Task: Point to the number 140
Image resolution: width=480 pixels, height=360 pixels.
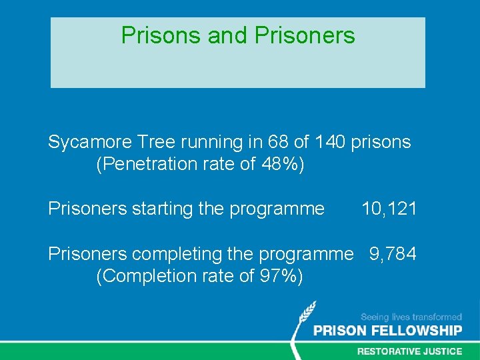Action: point(331,142)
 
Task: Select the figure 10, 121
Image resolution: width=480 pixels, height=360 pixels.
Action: point(389,209)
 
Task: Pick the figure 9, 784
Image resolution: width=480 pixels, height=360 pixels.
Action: point(393,254)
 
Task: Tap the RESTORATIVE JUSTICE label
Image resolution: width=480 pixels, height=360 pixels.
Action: point(409,351)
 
